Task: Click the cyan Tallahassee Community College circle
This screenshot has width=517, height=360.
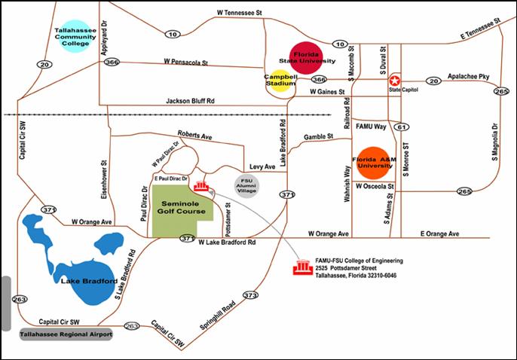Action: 75,37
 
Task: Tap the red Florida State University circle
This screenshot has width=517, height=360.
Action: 306,58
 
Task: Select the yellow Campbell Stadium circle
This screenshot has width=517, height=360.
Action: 280,81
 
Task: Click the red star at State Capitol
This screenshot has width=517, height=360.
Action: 394,81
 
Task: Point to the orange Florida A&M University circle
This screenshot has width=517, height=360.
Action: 374,163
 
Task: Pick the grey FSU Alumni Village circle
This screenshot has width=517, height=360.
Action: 246,186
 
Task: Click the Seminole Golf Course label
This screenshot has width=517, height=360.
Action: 182,208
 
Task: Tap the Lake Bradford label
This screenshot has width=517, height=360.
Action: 89,281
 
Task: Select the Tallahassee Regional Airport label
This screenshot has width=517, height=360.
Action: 66,334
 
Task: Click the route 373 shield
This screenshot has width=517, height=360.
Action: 250,295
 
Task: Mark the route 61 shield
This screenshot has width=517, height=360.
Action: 402,127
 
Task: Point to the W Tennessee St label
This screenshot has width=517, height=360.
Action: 240,13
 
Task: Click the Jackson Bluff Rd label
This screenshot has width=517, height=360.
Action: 190,101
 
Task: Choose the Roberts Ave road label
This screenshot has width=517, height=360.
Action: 195,135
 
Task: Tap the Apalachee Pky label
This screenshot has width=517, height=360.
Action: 468,76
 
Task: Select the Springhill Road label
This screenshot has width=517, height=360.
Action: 218,316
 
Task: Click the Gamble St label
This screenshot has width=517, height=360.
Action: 319,136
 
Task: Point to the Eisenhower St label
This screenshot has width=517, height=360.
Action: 104,179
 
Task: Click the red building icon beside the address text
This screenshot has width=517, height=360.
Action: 303,267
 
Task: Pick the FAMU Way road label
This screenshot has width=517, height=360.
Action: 371,127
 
